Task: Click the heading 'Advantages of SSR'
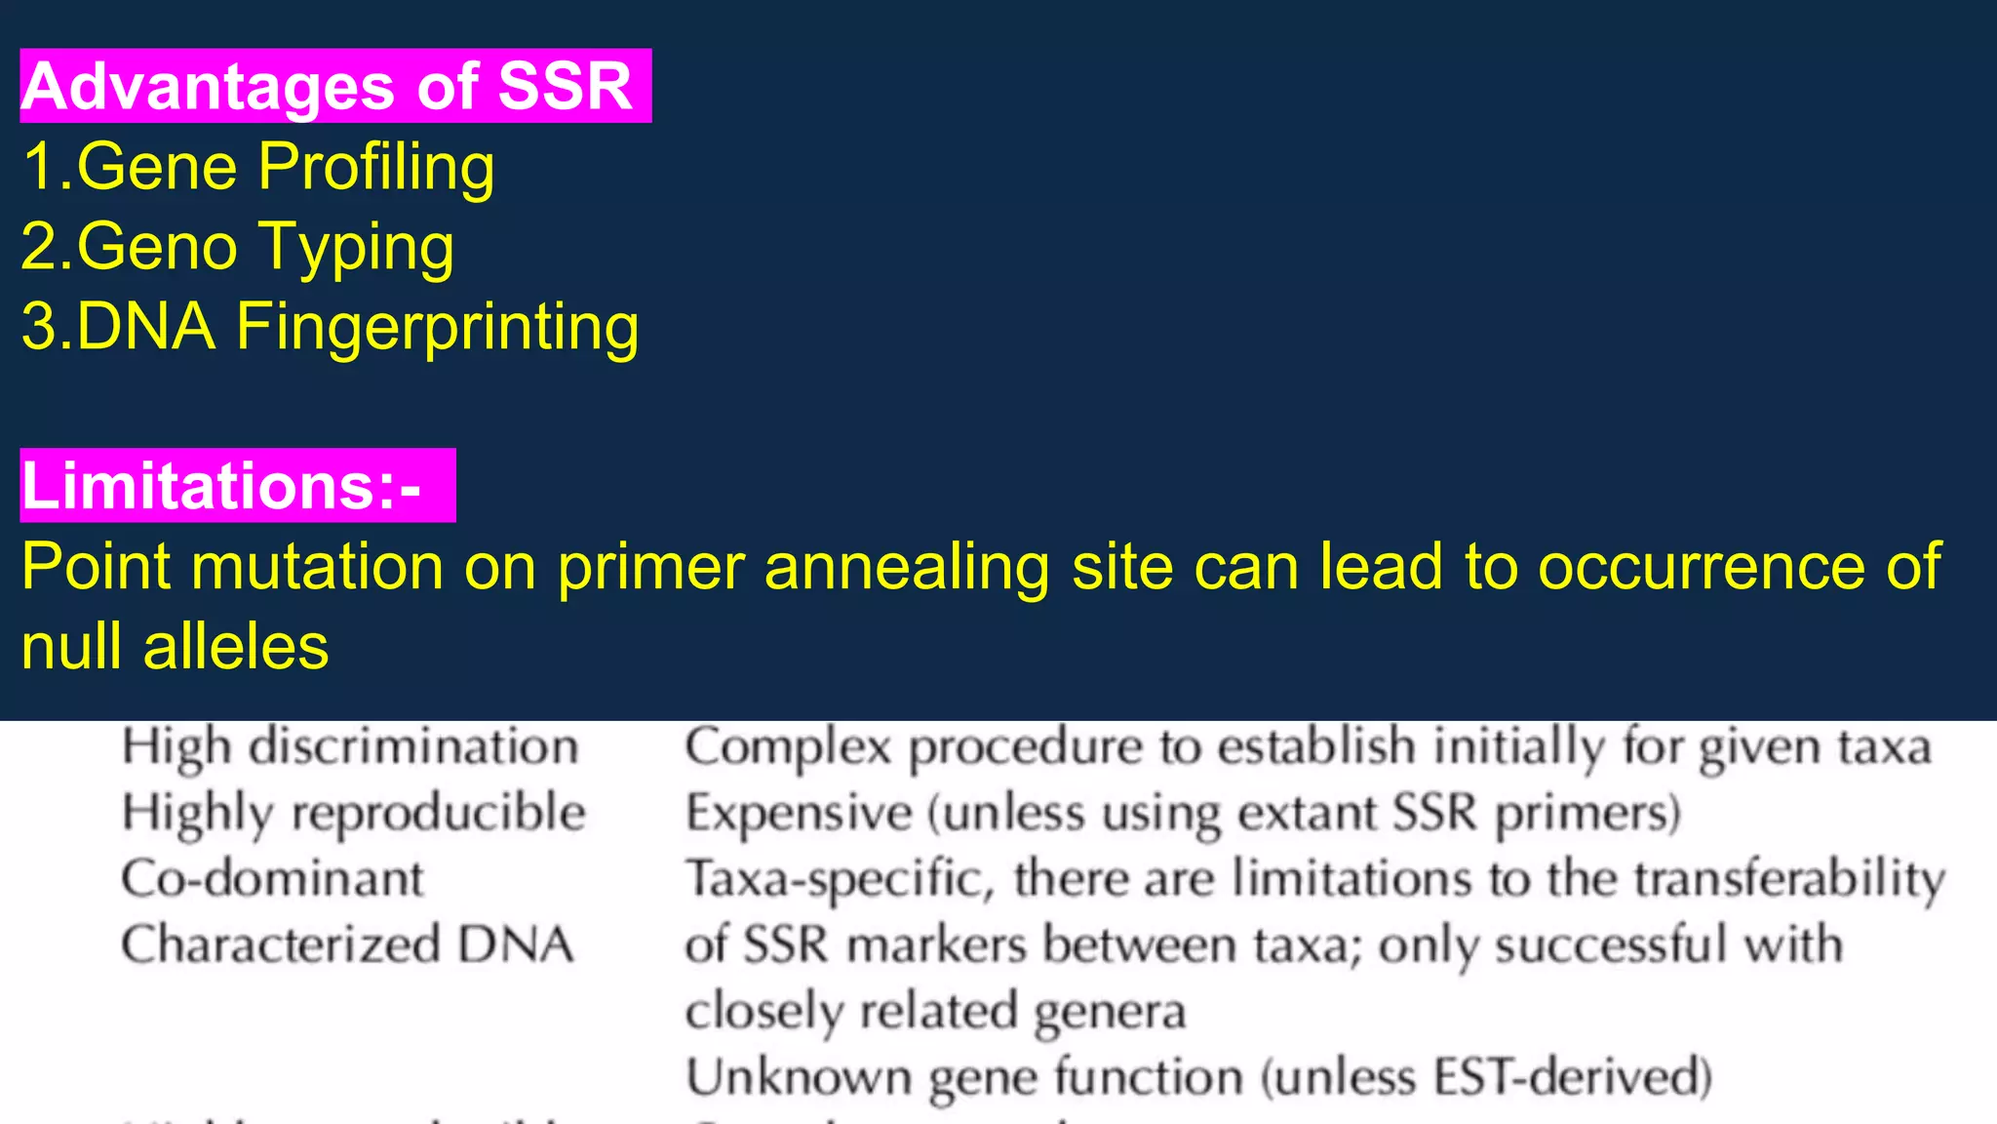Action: pyautogui.click(x=328, y=87)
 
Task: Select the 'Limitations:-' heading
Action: pyautogui.click(x=222, y=486)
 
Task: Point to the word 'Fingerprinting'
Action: pyautogui.click(x=437, y=327)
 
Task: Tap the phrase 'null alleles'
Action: pyautogui.click(x=176, y=647)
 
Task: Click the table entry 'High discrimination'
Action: pyautogui.click(x=350, y=748)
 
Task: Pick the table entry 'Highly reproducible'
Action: pyautogui.click(x=353, y=814)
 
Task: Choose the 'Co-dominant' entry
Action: pyautogui.click(x=272, y=879)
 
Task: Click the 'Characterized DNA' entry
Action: pyautogui.click(x=347, y=944)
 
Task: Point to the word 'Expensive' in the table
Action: pyautogui.click(x=798, y=813)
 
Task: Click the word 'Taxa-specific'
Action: pyautogui.click(x=840, y=879)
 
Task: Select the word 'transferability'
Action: pyautogui.click(x=1789, y=879)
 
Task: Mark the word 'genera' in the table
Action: pyautogui.click(x=1109, y=1012)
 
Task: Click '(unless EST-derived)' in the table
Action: pyautogui.click(x=1486, y=1077)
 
